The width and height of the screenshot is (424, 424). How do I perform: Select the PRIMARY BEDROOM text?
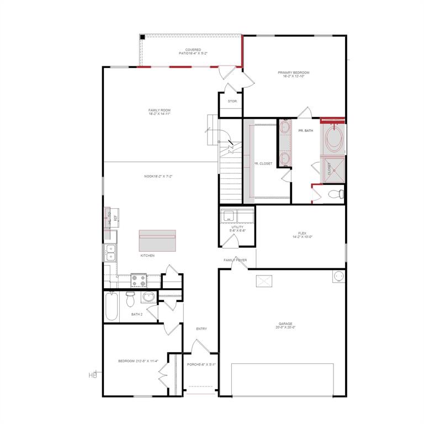tap(293, 74)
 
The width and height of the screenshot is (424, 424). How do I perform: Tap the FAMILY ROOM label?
tap(159, 112)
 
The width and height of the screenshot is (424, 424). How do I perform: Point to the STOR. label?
tap(232, 101)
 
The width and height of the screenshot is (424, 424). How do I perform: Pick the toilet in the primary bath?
tap(335, 194)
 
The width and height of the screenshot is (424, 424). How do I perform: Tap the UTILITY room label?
tap(237, 229)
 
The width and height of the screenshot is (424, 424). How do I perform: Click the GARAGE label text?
tap(285, 325)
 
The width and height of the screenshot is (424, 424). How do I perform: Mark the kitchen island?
tap(157, 240)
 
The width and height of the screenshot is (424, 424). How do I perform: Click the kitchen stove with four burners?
tap(139, 280)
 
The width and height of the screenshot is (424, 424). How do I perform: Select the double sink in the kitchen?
tap(110, 252)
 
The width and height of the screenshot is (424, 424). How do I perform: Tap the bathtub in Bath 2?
tap(112, 307)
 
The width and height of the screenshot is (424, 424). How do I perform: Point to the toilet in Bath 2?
tap(130, 299)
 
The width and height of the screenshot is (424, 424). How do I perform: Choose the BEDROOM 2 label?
tap(138, 361)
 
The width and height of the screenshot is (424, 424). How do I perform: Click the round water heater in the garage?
tap(337, 276)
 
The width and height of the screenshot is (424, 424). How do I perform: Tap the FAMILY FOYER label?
tap(235, 259)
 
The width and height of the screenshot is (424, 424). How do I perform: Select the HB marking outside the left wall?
tap(92, 375)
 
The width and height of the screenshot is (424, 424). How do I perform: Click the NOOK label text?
tap(158, 176)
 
